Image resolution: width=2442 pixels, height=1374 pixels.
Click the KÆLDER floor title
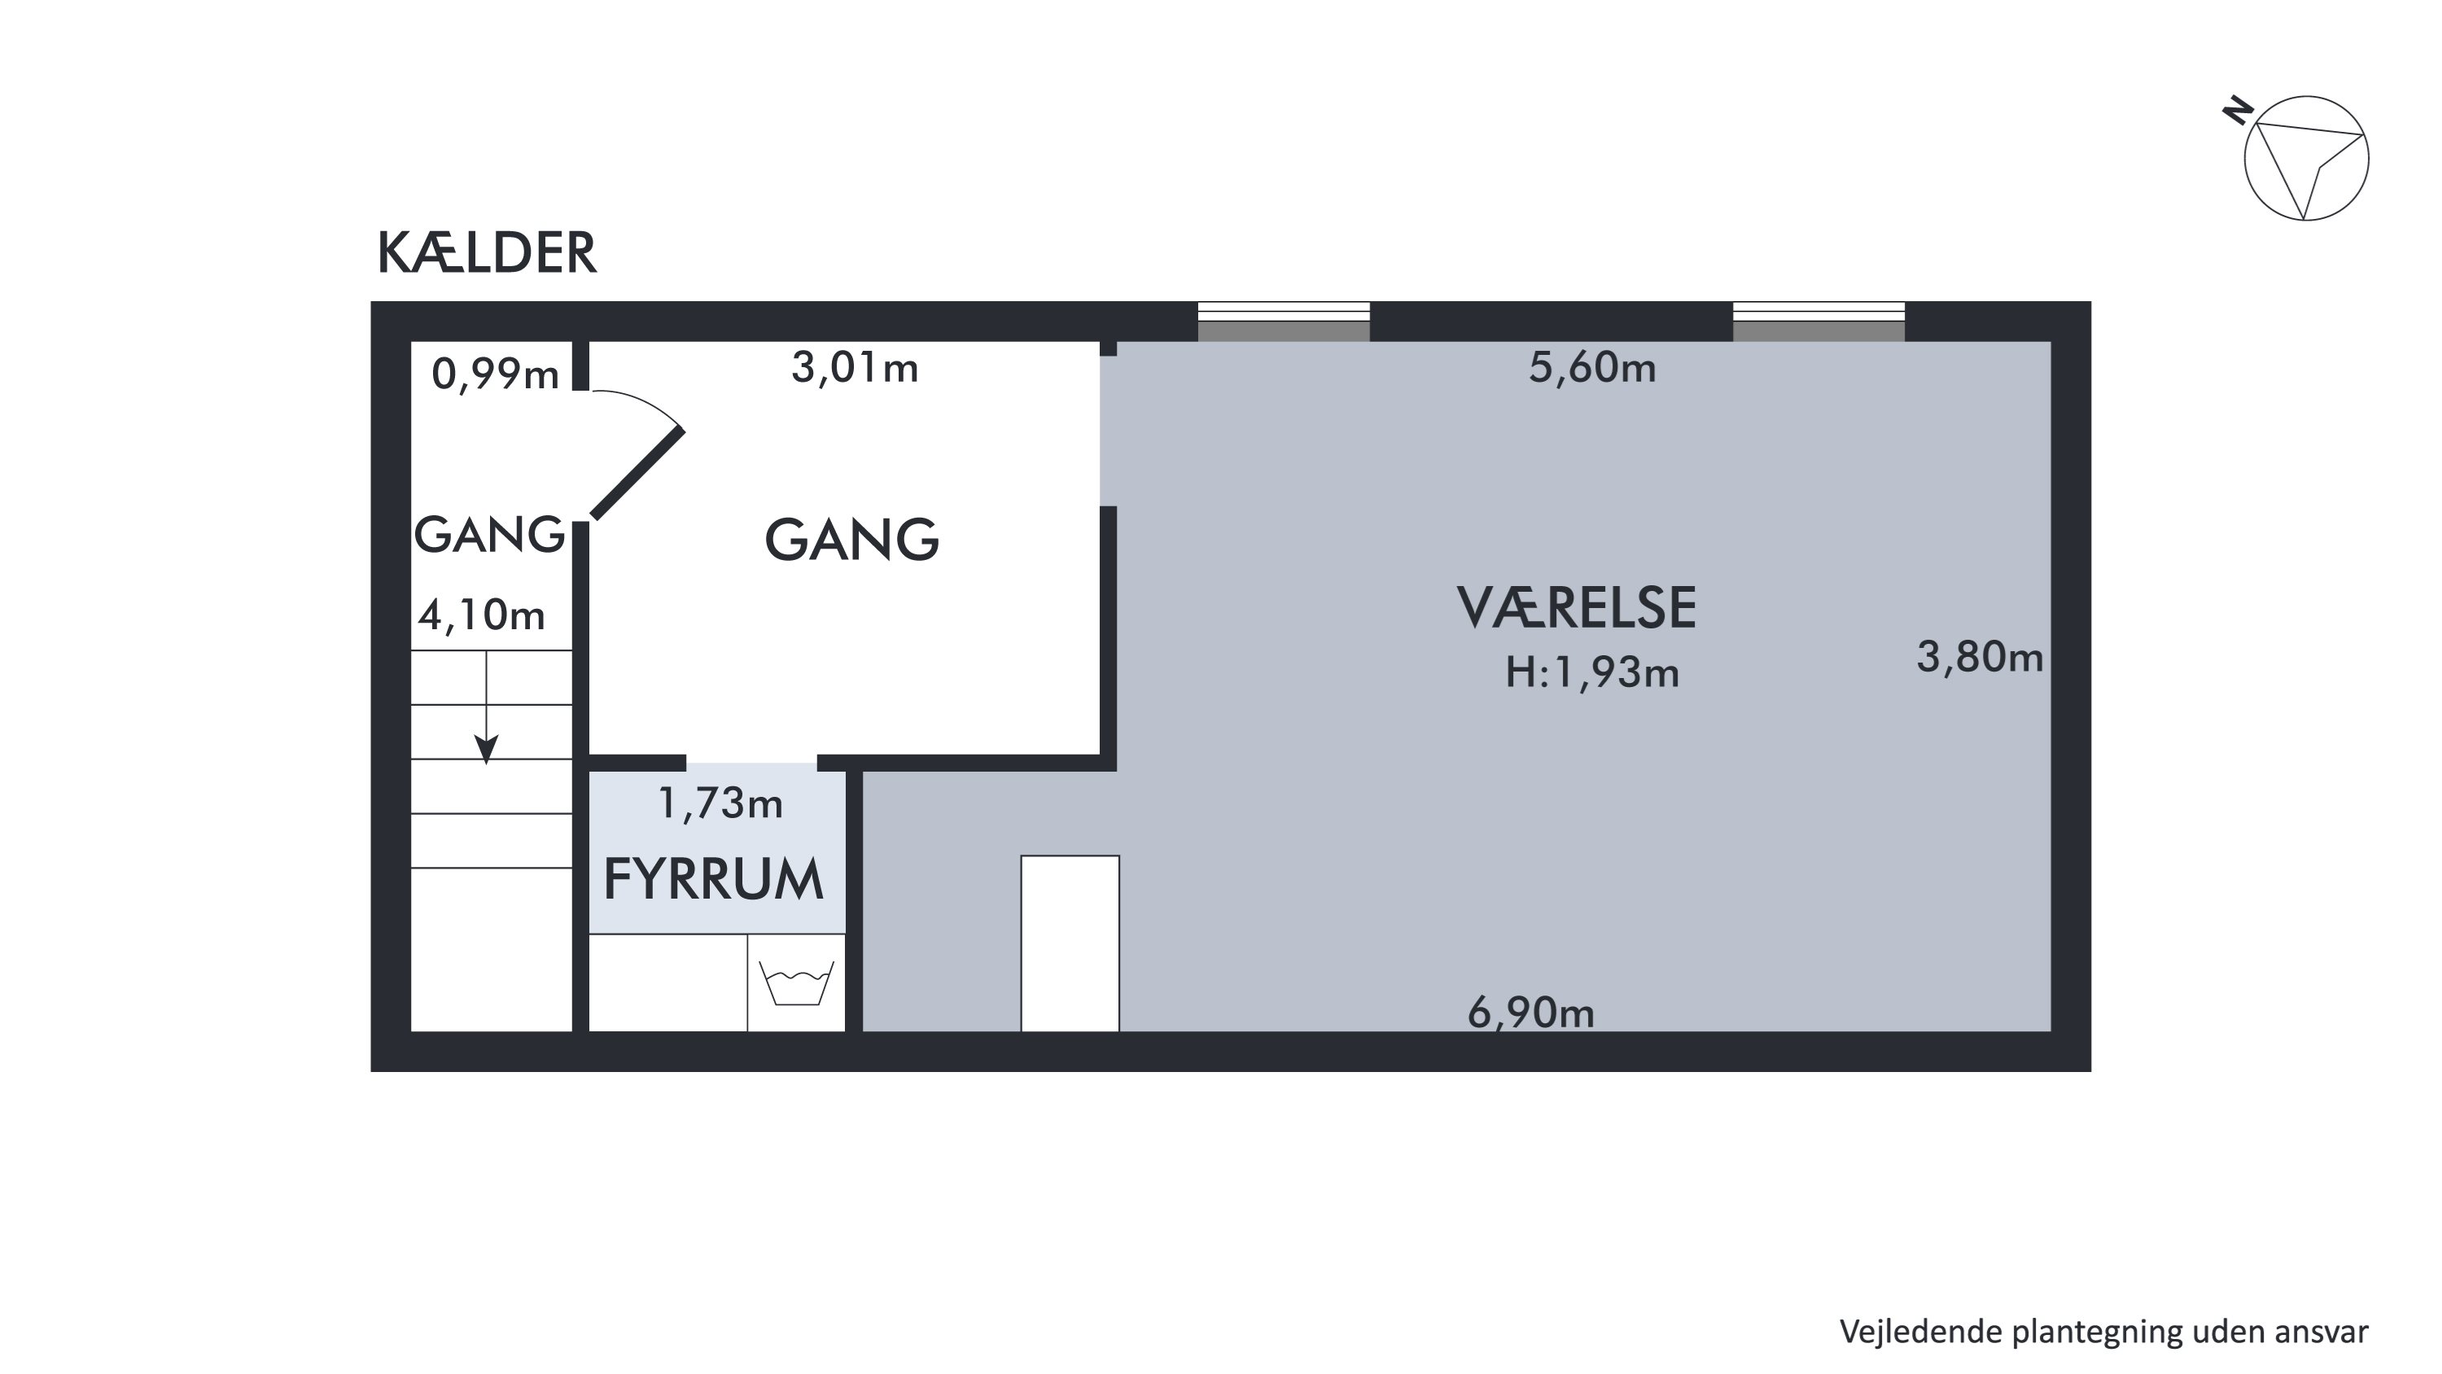point(488,253)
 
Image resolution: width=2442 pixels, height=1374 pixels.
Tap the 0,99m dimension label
point(496,374)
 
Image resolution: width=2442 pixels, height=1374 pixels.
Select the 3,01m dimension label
point(855,367)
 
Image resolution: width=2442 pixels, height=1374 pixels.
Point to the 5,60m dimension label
point(1593,367)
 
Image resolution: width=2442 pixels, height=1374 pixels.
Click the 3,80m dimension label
point(1980,656)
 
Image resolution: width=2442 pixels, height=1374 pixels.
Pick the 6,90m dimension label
point(1531,1013)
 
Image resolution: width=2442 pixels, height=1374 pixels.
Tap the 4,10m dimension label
point(483,615)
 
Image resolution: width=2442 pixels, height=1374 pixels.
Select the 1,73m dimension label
point(720,803)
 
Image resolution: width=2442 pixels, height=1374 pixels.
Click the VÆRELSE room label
point(1577,608)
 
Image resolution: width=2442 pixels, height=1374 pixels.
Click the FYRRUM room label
point(714,879)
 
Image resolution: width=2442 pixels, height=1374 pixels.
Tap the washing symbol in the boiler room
point(796,982)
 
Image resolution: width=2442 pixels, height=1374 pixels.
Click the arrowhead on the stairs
point(486,751)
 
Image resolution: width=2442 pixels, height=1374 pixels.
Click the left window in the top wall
point(1284,322)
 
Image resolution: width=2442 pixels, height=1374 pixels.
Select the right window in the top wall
point(1818,322)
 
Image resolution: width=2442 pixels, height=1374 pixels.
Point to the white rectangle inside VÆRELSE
point(1070,943)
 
